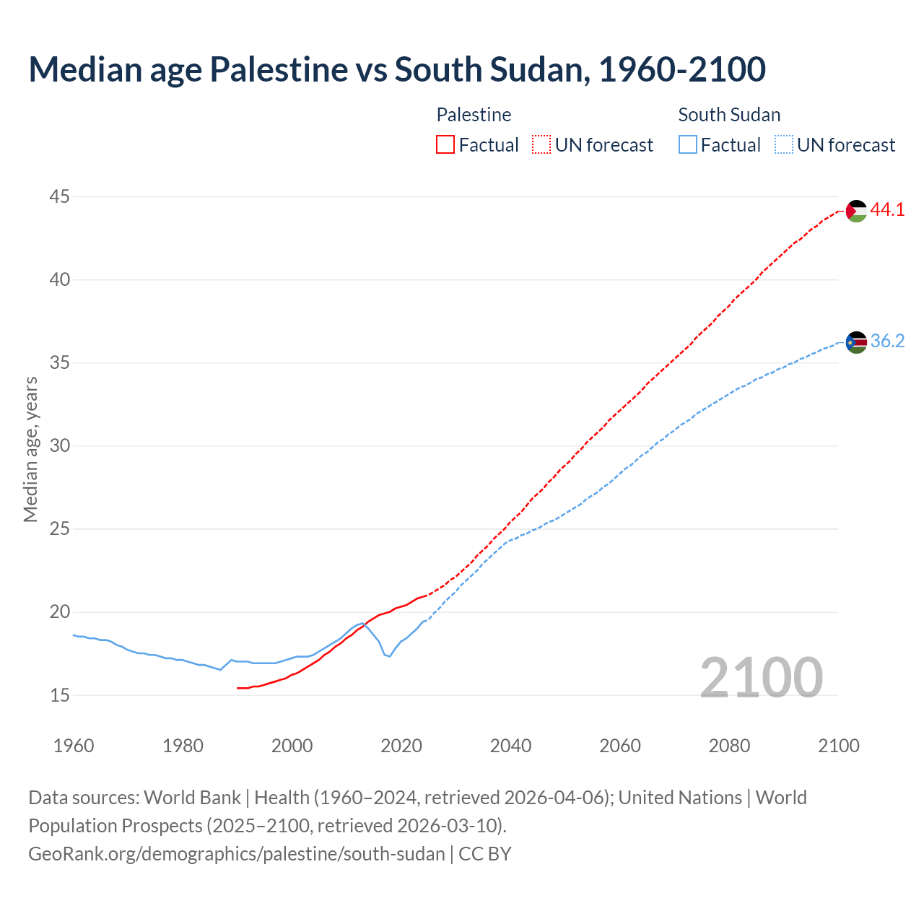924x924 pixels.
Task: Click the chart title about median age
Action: click(396, 69)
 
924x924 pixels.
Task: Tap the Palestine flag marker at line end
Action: click(856, 211)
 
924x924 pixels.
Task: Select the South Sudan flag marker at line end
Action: click(856, 342)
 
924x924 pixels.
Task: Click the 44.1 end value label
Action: click(887, 210)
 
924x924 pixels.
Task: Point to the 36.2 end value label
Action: click(887, 341)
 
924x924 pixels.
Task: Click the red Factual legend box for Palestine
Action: click(445, 145)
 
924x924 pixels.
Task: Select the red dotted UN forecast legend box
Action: click(541, 145)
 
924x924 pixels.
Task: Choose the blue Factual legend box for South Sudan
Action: click(688, 145)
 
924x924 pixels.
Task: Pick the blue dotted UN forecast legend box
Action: click(783, 145)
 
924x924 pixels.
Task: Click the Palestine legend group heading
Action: click(474, 115)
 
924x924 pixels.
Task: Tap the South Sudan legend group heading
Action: click(729, 115)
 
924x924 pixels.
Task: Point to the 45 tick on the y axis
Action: click(60, 196)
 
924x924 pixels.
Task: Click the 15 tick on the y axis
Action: click(60, 695)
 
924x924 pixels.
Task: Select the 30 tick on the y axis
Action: click(60, 445)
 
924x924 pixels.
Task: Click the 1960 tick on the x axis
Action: click(74, 746)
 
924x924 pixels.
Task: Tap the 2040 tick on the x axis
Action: click(511, 746)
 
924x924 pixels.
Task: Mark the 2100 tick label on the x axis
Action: click(839, 746)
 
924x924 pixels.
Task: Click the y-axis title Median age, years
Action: click(30, 449)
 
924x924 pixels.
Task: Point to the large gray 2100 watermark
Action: click(761, 677)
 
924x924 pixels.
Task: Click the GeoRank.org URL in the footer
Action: click(237, 854)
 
